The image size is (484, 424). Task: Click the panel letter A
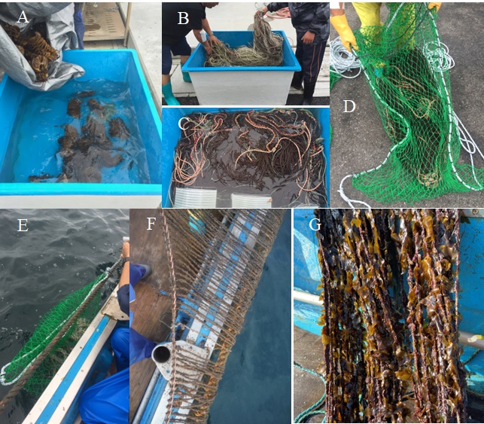pyautogui.click(x=23, y=17)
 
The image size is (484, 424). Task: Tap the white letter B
pyautogui.click(x=183, y=18)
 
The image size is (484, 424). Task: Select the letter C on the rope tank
pyautogui.click(x=184, y=124)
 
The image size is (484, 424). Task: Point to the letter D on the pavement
pyautogui.click(x=349, y=106)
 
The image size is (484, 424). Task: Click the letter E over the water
pyautogui.click(x=23, y=225)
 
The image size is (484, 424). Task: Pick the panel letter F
pyautogui.click(x=151, y=224)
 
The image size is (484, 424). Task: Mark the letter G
pyautogui.click(x=315, y=224)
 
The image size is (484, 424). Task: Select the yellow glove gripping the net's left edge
pyautogui.click(x=345, y=32)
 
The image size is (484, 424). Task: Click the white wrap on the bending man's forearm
pyautogui.click(x=202, y=35)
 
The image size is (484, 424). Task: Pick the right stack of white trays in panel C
pyautogui.click(x=252, y=200)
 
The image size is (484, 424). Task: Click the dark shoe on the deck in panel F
pyautogui.click(x=145, y=272)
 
